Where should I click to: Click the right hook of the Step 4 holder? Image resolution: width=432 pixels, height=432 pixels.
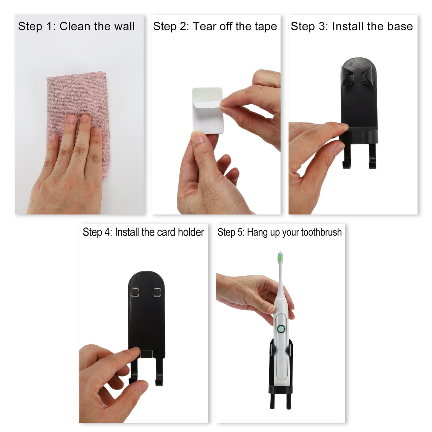click(x=159, y=374)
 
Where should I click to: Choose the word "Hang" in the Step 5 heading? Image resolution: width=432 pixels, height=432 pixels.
click(x=257, y=233)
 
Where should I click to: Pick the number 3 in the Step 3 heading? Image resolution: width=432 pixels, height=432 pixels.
click(x=322, y=26)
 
